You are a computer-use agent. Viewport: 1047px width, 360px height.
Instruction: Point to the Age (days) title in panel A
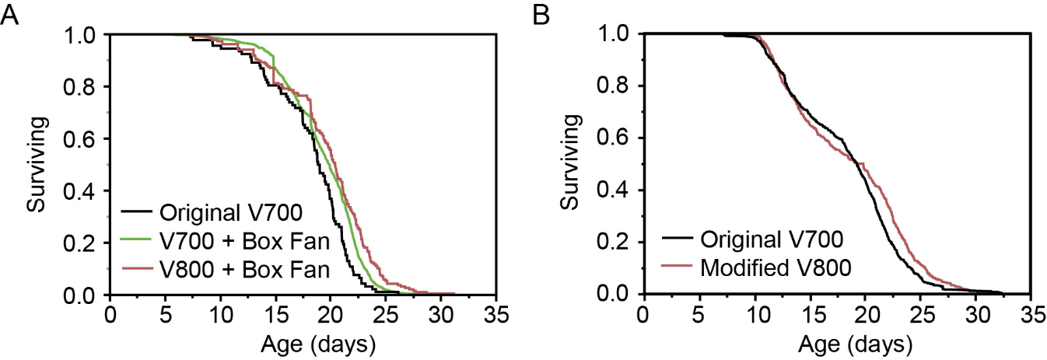click(302, 342)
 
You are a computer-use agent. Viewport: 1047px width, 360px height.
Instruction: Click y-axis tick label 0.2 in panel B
click(616, 243)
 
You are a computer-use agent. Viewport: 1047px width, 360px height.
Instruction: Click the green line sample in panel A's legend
click(137, 241)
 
